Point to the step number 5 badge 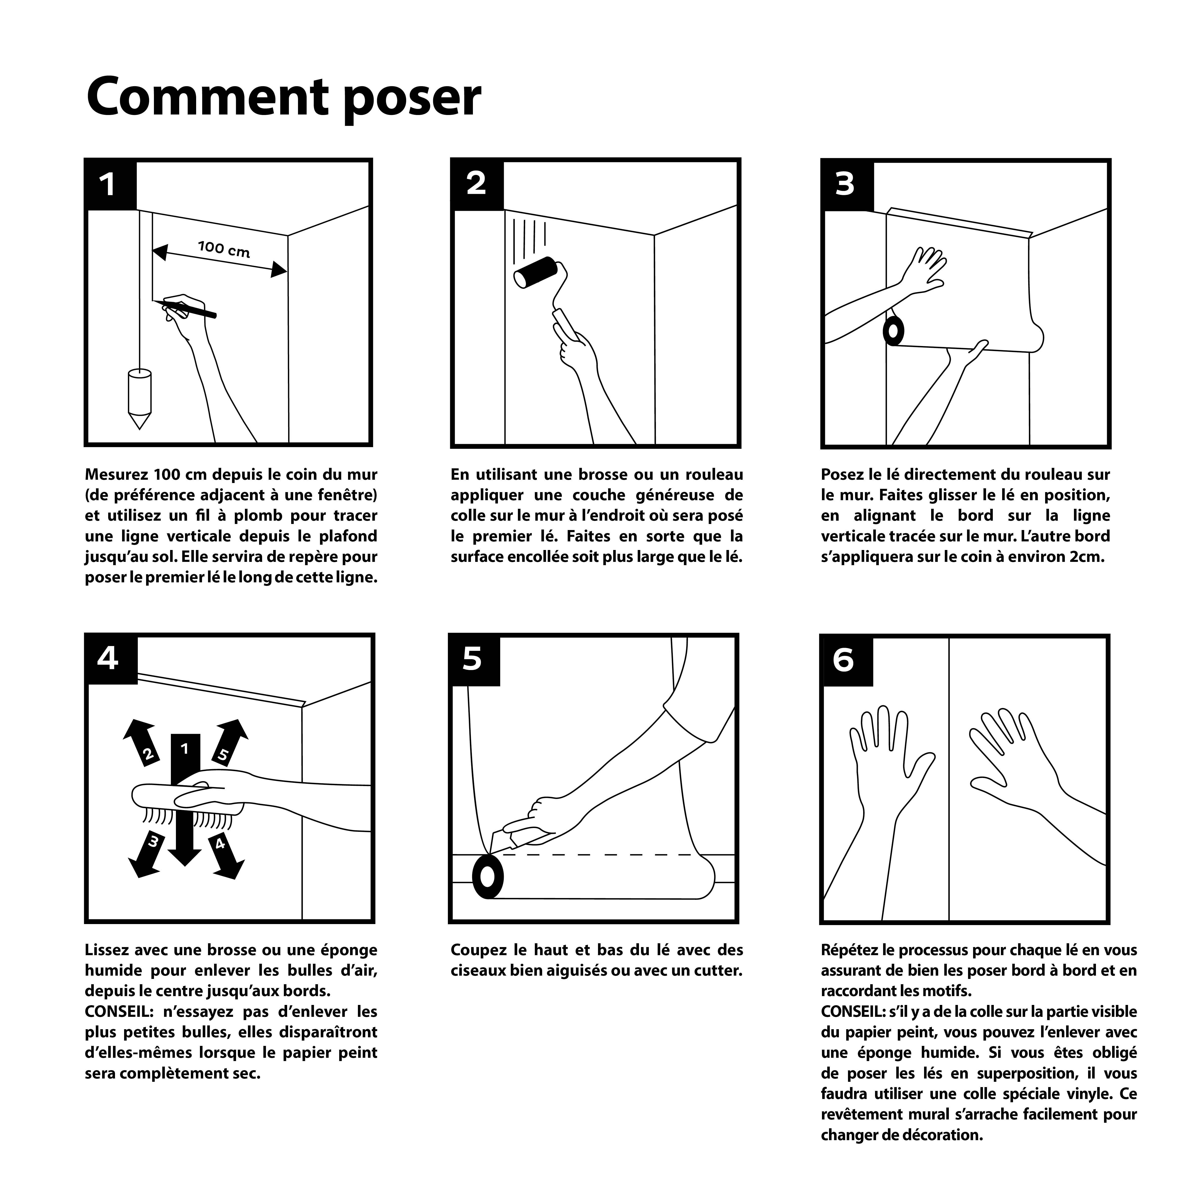[x=473, y=659]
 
